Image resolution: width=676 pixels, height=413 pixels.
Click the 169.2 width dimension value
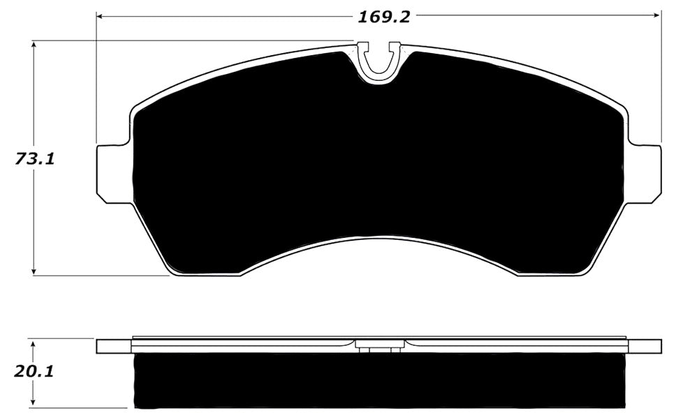(x=383, y=16)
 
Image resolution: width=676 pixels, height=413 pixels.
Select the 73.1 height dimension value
(x=35, y=159)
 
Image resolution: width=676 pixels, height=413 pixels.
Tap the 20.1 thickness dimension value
(x=34, y=371)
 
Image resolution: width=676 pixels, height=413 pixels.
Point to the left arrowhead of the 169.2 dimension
(x=100, y=15)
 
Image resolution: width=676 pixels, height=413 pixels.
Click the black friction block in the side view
(x=379, y=381)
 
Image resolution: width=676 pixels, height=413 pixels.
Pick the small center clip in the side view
(x=379, y=345)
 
